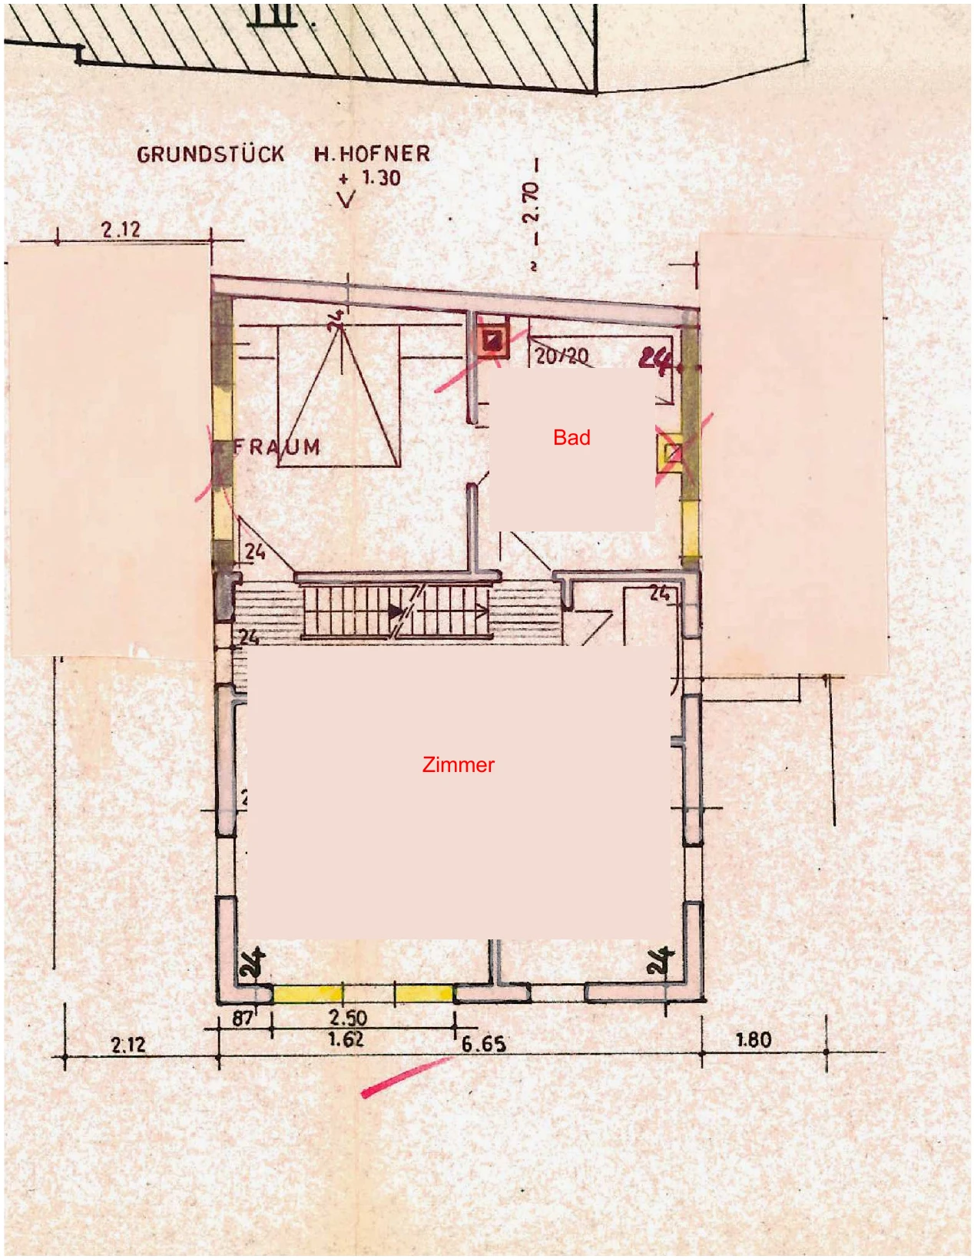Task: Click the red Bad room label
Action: click(x=571, y=438)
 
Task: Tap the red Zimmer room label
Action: click(x=458, y=764)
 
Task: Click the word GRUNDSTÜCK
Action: click(x=210, y=154)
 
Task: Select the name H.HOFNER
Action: click(x=372, y=154)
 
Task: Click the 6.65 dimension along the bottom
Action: click(x=483, y=1044)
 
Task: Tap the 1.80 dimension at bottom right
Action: click(x=753, y=1040)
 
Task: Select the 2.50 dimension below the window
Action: click(x=348, y=1018)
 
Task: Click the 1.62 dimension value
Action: click(x=346, y=1040)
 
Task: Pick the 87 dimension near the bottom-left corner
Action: click(x=243, y=1019)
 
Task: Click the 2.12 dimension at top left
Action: click(x=121, y=229)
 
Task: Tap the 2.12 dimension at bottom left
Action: click(x=128, y=1045)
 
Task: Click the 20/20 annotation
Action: click(x=562, y=356)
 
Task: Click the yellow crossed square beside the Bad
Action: click(x=671, y=452)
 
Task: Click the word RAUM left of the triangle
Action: click(x=277, y=447)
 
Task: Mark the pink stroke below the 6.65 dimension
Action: click(x=406, y=1077)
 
